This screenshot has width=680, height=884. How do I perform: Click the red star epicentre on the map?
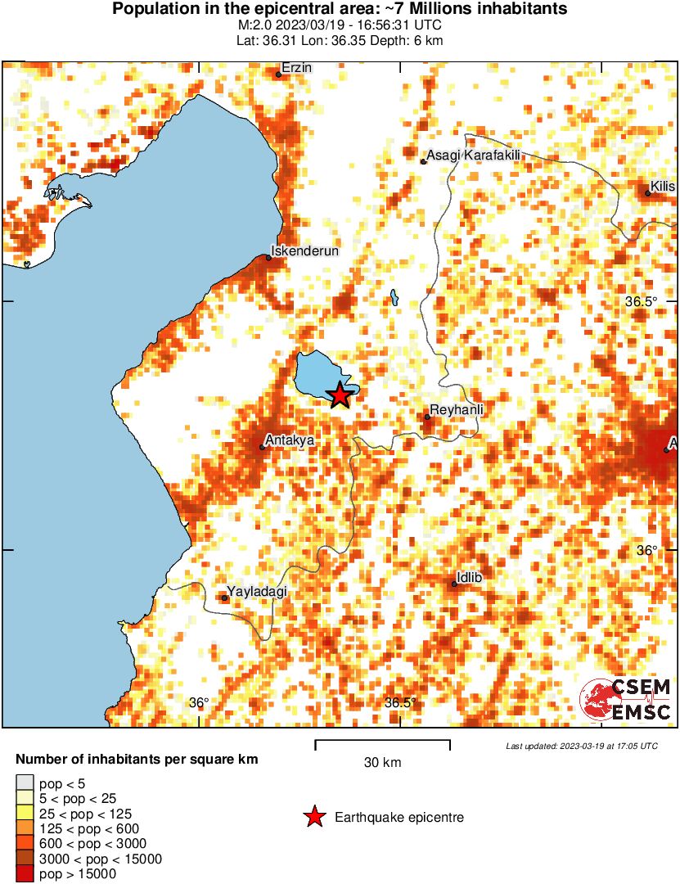click(340, 395)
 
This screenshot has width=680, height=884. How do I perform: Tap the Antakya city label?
click(292, 440)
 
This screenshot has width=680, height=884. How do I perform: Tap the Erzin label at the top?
click(296, 68)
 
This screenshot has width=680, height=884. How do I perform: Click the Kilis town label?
click(663, 187)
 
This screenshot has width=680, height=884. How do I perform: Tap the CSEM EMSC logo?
click(626, 701)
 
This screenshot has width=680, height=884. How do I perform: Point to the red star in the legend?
click(313, 817)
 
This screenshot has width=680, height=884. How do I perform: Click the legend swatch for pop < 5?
click(25, 783)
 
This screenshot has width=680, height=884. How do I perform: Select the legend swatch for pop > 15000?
click(25, 873)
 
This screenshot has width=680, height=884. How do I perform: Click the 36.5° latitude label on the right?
click(641, 301)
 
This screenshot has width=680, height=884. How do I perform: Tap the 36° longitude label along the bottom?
click(199, 702)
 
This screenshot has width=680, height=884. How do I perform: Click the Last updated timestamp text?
click(581, 746)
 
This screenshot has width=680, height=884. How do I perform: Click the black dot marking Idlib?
click(454, 584)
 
